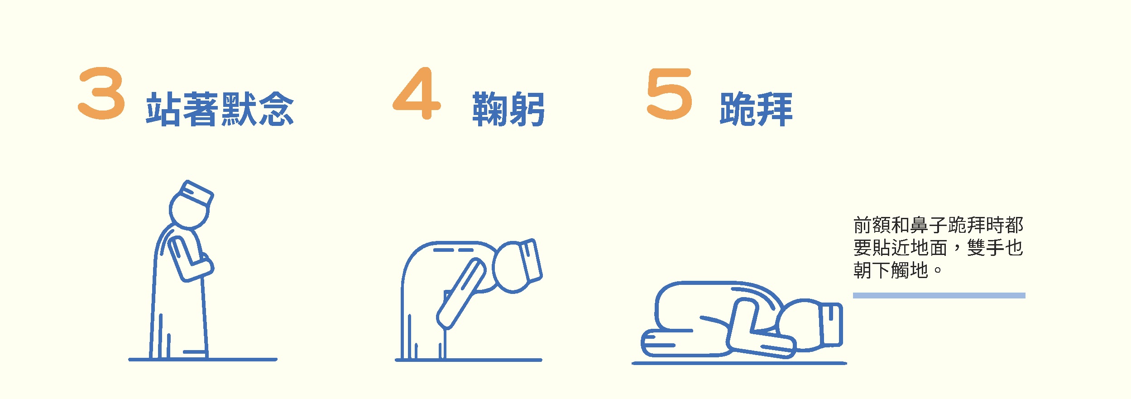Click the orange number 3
click(101, 93)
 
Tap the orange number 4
click(417, 93)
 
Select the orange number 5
click(670, 94)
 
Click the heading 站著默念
click(220, 109)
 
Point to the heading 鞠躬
click(508, 109)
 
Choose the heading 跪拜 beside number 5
click(756, 109)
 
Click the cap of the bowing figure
click(530, 260)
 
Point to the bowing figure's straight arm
click(461, 293)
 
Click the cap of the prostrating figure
click(832, 325)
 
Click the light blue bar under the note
click(939, 296)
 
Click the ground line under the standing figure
click(203, 360)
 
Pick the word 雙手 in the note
click(986, 248)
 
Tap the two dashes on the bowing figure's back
click(453, 250)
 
